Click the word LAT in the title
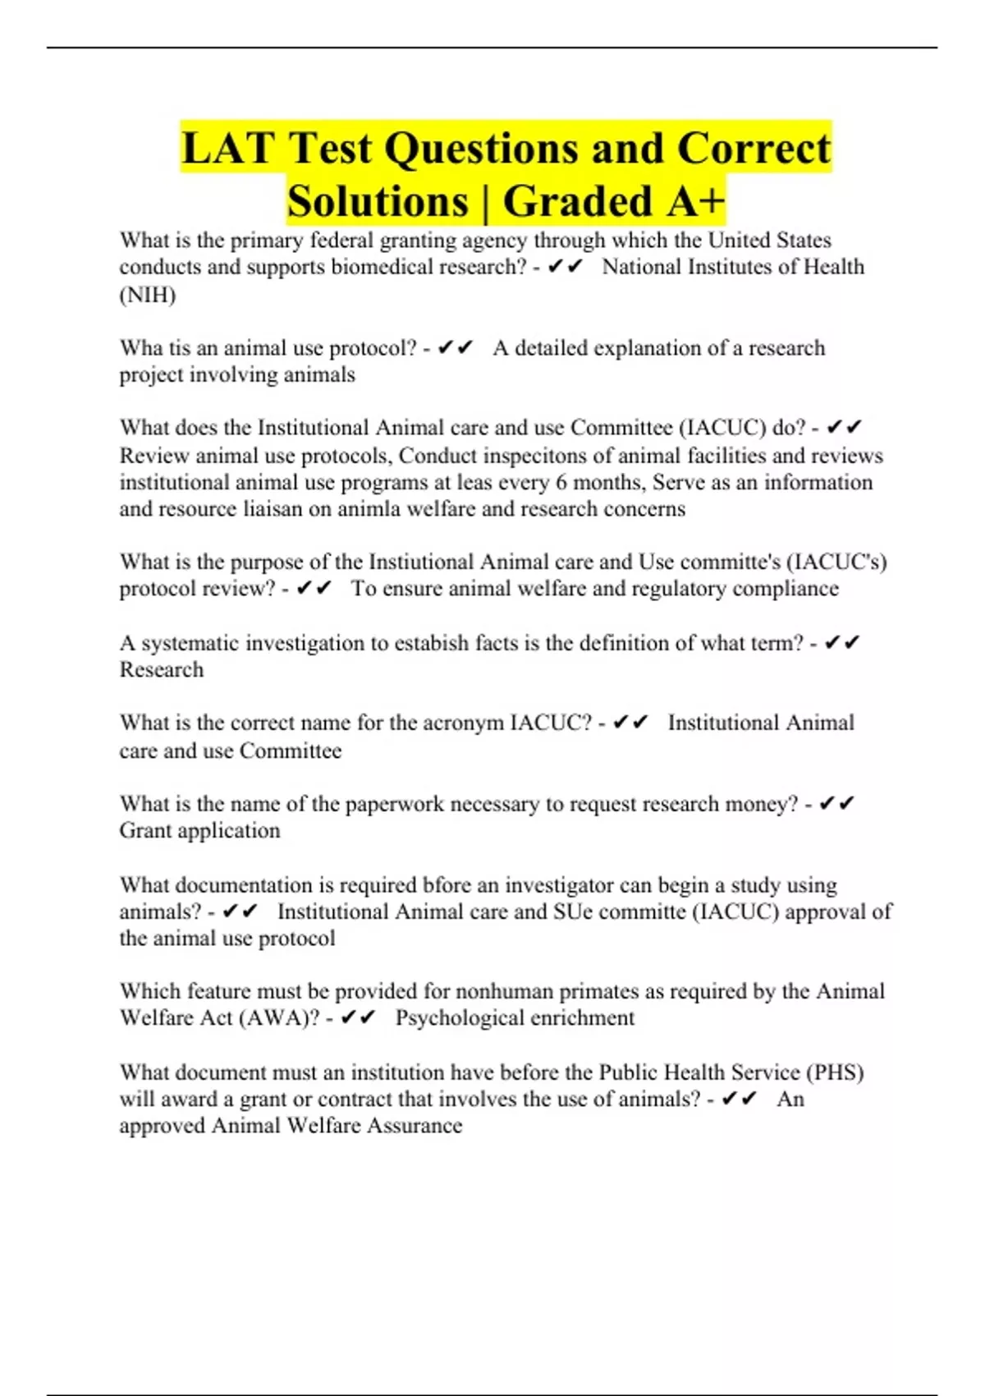227,149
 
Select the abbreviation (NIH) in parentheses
148,295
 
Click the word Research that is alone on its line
162,670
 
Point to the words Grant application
199,831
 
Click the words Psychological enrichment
515,1018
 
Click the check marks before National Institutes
565,267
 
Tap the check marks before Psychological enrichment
358,1018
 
